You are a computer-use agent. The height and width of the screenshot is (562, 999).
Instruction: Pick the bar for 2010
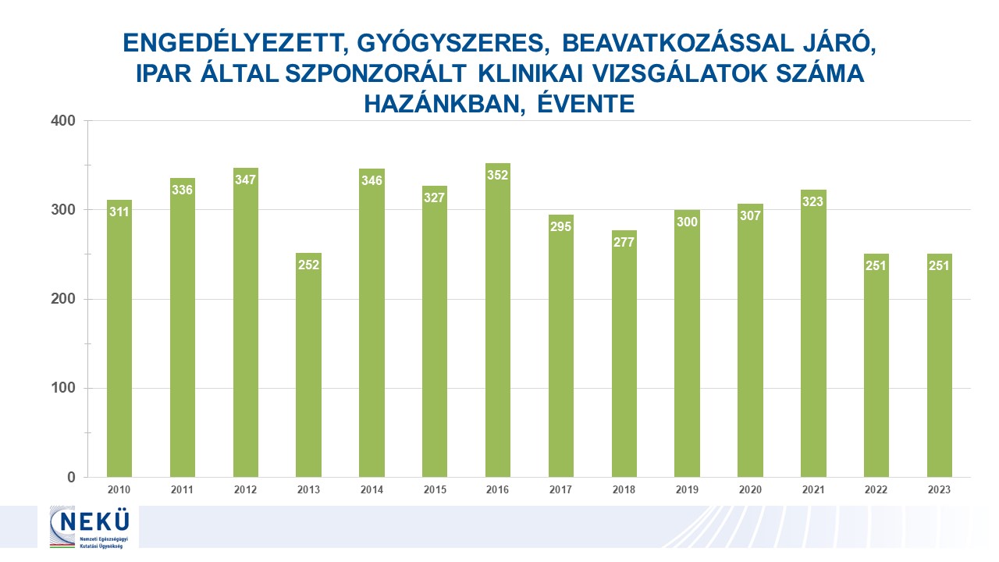click(119, 343)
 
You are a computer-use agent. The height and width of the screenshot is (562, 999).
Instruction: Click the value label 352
click(497, 175)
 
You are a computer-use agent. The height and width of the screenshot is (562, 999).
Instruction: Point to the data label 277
click(624, 241)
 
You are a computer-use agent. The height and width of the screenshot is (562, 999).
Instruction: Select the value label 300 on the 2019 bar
click(687, 222)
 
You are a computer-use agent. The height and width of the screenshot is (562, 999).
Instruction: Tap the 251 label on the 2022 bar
click(876, 265)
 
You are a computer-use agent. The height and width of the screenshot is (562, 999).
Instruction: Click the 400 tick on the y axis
click(63, 121)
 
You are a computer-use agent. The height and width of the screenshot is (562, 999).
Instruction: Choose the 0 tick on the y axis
click(70, 478)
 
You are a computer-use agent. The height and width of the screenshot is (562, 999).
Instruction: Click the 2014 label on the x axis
click(372, 489)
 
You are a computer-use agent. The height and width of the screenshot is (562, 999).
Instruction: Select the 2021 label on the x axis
click(813, 489)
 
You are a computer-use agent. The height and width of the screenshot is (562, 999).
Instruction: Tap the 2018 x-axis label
click(624, 489)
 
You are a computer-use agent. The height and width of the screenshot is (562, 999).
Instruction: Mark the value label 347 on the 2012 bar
click(245, 180)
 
